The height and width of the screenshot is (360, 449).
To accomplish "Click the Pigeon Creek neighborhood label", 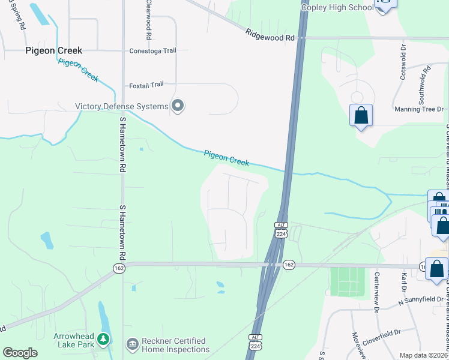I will (53, 51).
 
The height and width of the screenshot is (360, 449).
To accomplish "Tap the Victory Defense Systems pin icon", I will (177, 106).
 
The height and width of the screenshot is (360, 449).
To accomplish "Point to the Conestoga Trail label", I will (152, 51).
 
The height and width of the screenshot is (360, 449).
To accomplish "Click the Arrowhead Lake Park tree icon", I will (103, 340).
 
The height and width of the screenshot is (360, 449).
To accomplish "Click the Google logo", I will (19, 353).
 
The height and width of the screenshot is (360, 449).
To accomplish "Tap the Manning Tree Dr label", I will (418, 109).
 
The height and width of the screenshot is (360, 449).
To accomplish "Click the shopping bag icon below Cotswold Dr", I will (361, 115).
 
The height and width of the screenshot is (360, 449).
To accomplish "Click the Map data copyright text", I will (423, 355).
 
